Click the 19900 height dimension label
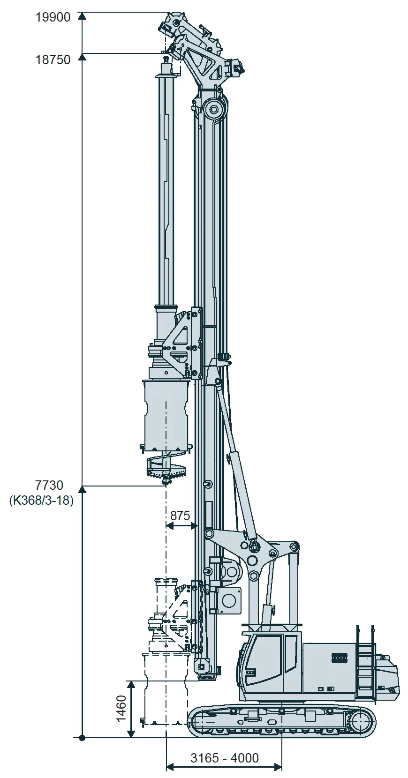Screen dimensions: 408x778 (x=53, y=17)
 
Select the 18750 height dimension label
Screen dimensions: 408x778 (x=53, y=60)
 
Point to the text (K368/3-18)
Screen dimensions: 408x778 (x=41, y=501)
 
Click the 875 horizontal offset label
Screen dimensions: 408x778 (x=180, y=516)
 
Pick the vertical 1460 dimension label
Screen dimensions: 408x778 (x=121, y=708)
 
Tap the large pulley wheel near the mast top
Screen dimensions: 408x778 (x=213, y=110)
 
